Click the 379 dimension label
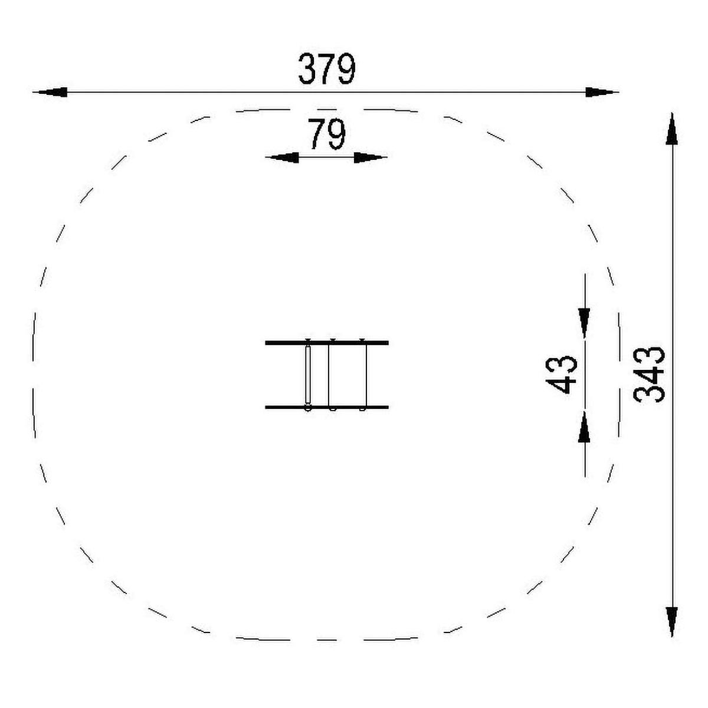click(326, 69)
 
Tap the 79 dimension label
click(327, 134)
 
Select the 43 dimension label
click(561, 375)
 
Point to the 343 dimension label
click(649, 375)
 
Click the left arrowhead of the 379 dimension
click(50, 92)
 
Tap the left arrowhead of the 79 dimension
click(282, 158)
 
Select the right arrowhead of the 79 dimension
click(371, 158)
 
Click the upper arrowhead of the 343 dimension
click(672, 129)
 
